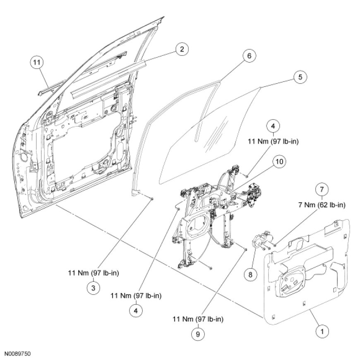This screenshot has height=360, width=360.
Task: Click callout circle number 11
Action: point(37,62)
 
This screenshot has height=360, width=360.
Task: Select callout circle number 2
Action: point(180,49)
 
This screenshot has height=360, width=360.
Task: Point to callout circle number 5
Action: point(300,77)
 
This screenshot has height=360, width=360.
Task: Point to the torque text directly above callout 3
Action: point(94,273)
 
